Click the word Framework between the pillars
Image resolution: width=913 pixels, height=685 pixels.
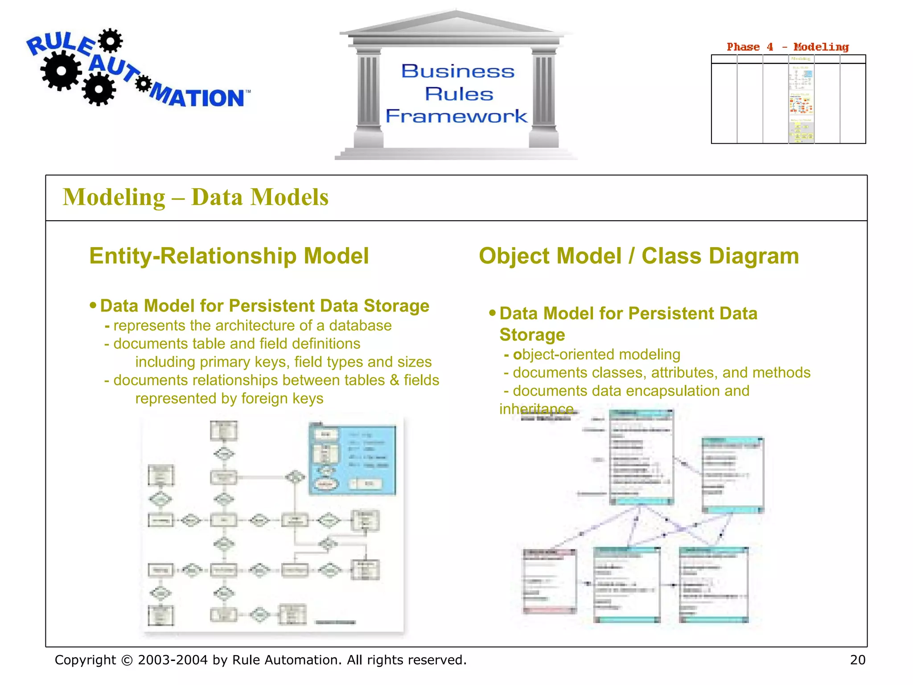[456, 116]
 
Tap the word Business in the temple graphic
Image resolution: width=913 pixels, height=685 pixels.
[458, 71]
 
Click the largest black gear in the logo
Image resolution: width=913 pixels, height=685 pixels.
[61, 71]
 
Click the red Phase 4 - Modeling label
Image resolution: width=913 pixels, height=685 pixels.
[787, 47]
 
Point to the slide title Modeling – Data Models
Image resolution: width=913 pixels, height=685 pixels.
[196, 197]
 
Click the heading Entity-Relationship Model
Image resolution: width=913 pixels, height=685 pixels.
[229, 256]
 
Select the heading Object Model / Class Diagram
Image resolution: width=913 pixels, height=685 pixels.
[638, 256]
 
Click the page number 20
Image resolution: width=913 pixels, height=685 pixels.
[857, 660]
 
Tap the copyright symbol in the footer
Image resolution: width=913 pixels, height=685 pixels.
[127, 660]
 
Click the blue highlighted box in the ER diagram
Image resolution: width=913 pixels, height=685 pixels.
[352, 460]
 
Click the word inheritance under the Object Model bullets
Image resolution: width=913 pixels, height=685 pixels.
[536, 409]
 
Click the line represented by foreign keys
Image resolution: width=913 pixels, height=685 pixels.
[229, 398]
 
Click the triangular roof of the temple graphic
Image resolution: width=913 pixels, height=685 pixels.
[456, 22]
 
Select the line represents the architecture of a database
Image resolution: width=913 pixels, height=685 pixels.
[252, 326]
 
